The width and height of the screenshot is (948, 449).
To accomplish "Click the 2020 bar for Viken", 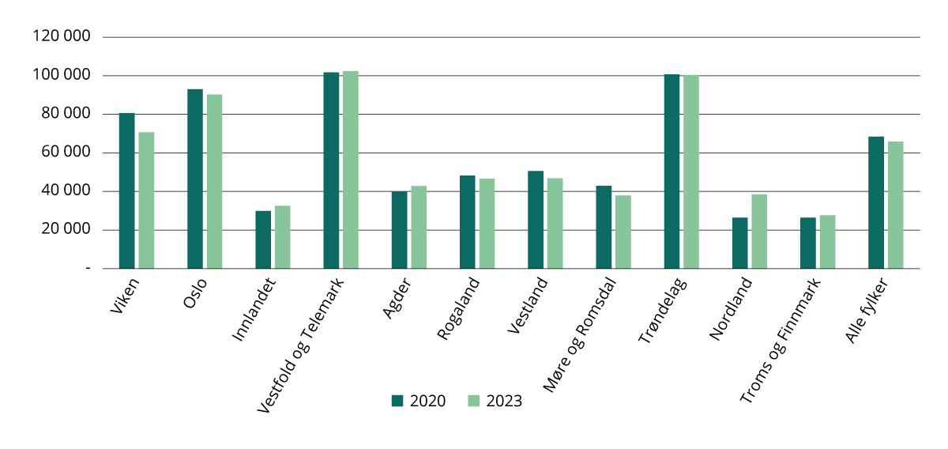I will point(126,191).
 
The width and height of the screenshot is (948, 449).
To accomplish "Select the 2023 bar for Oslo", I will point(214,181).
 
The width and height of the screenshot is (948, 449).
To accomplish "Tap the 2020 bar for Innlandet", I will point(263,240).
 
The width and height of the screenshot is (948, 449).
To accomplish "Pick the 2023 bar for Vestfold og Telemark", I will point(350,170).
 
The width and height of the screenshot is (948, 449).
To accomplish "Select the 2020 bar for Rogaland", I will point(467,222).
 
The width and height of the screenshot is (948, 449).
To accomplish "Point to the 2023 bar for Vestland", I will point(555,224).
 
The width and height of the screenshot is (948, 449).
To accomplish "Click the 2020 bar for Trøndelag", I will point(671,172).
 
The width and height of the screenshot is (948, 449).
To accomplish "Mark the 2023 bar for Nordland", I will point(759,232).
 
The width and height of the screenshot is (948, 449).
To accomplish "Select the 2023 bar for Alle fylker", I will point(895,205).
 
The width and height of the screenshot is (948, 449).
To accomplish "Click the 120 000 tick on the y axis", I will point(62,37).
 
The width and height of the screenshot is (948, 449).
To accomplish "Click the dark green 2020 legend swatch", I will point(397,401).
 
